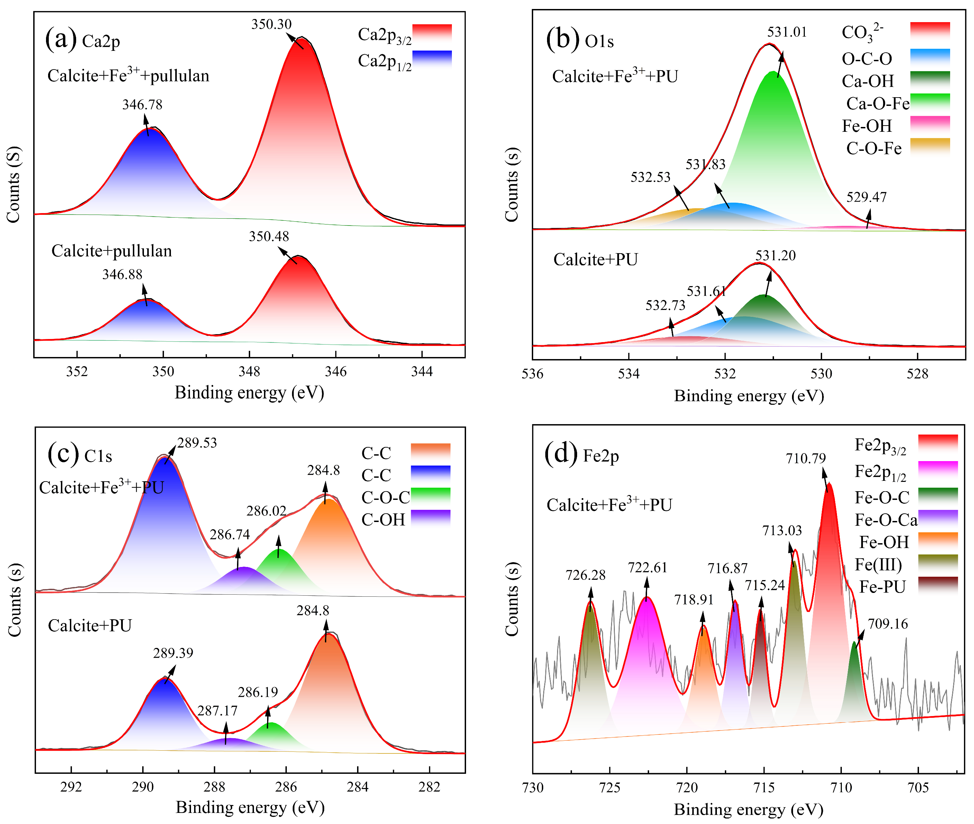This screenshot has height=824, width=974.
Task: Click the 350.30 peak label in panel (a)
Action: [271, 24]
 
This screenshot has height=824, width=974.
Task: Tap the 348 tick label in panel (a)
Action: [249, 372]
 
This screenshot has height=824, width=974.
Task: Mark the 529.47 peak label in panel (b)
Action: [866, 197]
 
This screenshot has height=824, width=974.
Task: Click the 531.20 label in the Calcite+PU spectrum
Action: [775, 256]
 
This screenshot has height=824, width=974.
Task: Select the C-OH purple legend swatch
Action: [430, 519]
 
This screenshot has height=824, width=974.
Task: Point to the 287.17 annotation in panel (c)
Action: [217, 711]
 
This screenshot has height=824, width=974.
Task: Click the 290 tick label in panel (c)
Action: [143, 787]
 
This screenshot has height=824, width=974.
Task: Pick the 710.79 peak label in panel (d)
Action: [805, 459]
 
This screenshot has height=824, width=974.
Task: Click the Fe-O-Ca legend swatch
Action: [938, 519]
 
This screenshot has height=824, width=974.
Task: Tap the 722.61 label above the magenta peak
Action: [647, 568]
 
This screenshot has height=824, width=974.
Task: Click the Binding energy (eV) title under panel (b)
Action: [748, 396]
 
